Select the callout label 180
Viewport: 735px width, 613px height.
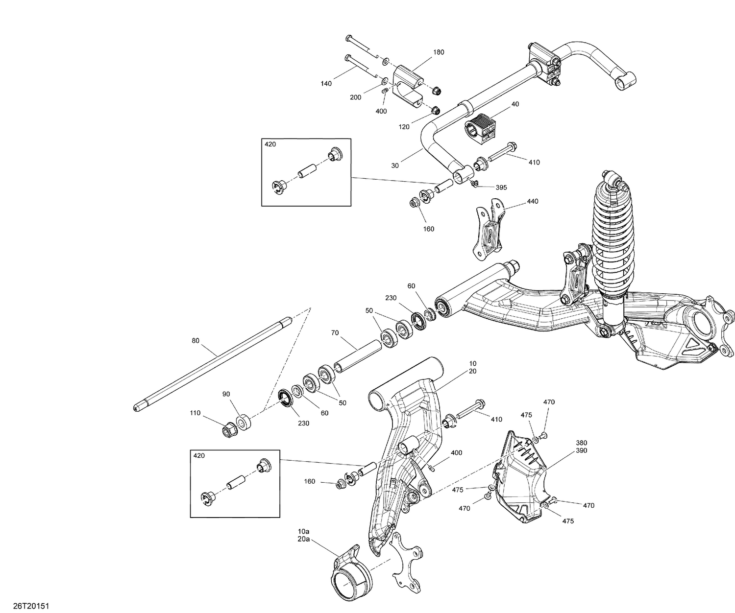click(439, 52)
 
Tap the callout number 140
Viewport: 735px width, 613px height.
click(326, 84)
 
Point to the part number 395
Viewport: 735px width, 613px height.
click(501, 188)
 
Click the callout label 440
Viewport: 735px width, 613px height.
click(532, 201)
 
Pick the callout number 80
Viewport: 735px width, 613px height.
click(196, 341)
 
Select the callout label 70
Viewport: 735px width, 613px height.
click(335, 333)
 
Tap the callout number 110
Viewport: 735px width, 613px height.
click(195, 413)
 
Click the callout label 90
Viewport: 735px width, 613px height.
click(226, 394)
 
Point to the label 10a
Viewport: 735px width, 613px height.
click(304, 531)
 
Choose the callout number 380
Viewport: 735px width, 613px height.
click(582, 443)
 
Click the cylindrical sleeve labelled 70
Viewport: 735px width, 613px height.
click(358, 358)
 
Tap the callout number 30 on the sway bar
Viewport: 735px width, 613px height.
click(395, 165)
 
